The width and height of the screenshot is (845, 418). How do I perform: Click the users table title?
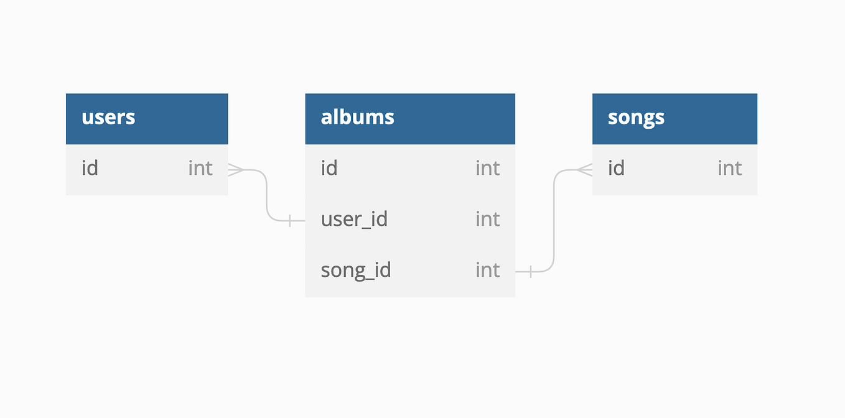tap(108, 118)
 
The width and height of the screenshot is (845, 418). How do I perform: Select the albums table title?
tap(357, 117)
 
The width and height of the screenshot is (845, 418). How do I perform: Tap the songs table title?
tap(636, 118)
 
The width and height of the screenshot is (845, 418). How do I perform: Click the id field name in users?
tap(90, 168)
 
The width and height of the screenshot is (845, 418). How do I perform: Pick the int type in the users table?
tap(200, 168)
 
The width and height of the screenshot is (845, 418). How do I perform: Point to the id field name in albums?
tap(329, 168)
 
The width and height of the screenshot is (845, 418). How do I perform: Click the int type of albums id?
tap(487, 168)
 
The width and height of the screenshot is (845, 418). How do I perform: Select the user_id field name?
tap(354, 219)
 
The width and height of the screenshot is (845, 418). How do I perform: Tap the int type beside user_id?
tap(487, 219)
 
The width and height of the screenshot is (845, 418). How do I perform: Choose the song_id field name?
tap(356, 271)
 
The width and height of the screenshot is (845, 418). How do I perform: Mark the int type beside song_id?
tap(487, 270)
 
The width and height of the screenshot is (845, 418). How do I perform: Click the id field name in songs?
tap(616, 168)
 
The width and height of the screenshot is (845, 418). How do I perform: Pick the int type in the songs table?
tap(729, 168)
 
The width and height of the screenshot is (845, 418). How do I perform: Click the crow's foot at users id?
tap(236, 170)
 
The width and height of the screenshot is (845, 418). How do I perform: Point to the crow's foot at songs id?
tap(584, 170)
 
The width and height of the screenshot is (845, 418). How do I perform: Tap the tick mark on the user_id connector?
tap(290, 221)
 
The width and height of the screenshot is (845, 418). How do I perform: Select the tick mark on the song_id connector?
tap(531, 272)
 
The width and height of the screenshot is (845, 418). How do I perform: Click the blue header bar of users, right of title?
tap(181, 119)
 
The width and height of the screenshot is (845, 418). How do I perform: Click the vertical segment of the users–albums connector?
tap(267, 195)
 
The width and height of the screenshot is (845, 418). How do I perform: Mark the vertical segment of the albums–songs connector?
tap(554, 221)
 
